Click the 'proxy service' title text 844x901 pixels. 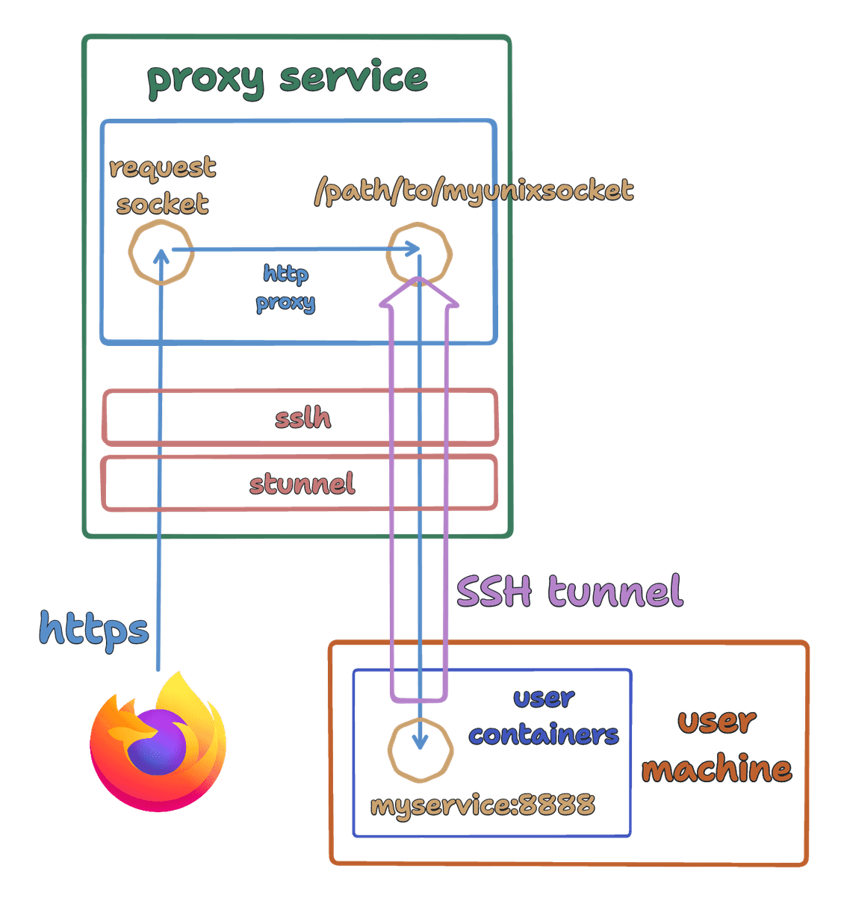click(x=288, y=78)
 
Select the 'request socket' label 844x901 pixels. click(x=162, y=185)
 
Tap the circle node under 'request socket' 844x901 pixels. click(x=161, y=252)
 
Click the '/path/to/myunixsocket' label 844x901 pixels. click(x=474, y=191)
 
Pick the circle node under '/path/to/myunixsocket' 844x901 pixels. click(x=419, y=254)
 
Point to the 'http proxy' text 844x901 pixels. click(x=285, y=288)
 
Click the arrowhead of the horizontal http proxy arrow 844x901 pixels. click(x=413, y=249)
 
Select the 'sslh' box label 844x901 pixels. click(x=302, y=418)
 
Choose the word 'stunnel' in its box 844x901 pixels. click(x=302, y=483)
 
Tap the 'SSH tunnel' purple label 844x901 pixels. click(x=569, y=591)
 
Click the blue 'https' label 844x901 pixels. click(x=94, y=629)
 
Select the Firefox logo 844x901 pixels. click(x=158, y=743)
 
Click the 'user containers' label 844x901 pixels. click(x=544, y=716)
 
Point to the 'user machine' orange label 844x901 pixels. click(x=717, y=745)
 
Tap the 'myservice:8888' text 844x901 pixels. click(x=482, y=805)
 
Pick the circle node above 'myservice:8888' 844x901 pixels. click(x=421, y=749)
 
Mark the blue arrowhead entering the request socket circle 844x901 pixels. click(x=160, y=256)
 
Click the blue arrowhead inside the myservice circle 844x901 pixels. click(x=421, y=742)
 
